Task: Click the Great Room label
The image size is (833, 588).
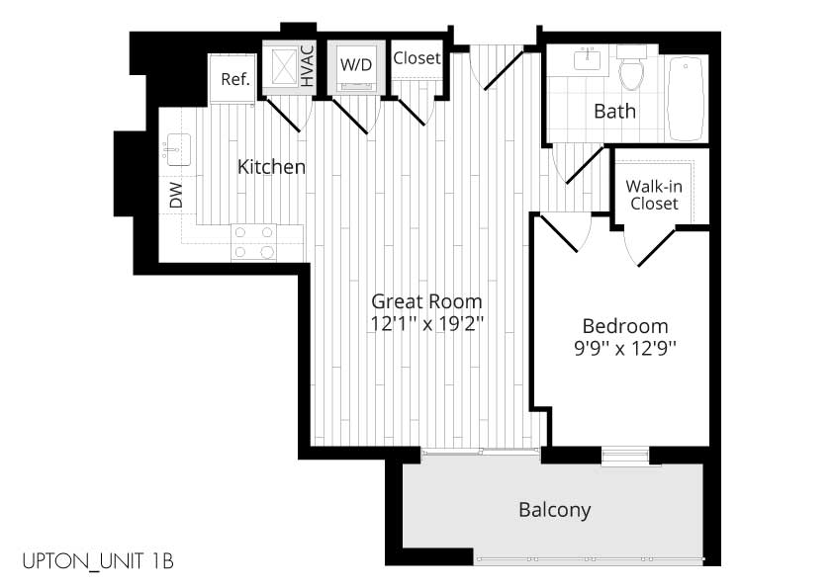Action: (426, 301)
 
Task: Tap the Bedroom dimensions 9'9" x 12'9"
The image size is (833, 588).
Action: (625, 349)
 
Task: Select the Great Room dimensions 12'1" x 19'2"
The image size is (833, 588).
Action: (426, 323)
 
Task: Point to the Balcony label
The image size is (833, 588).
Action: (555, 510)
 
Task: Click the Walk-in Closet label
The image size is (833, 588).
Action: (654, 195)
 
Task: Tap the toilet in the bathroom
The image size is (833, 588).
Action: (631, 68)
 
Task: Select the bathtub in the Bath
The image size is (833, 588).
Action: (687, 99)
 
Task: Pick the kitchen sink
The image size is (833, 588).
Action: (177, 149)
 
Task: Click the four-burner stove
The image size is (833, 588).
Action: (254, 242)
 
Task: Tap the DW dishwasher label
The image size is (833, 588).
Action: (176, 195)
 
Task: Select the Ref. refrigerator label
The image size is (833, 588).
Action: (235, 80)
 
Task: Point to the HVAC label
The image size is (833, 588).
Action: (308, 66)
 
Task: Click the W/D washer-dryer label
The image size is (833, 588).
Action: (356, 65)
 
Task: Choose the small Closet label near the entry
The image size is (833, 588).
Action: (417, 58)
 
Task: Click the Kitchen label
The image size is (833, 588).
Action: (271, 167)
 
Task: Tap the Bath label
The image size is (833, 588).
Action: (614, 112)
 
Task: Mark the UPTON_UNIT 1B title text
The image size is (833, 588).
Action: (98, 561)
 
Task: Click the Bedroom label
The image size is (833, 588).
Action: (625, 326)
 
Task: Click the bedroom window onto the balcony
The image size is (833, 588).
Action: (625, 456)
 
